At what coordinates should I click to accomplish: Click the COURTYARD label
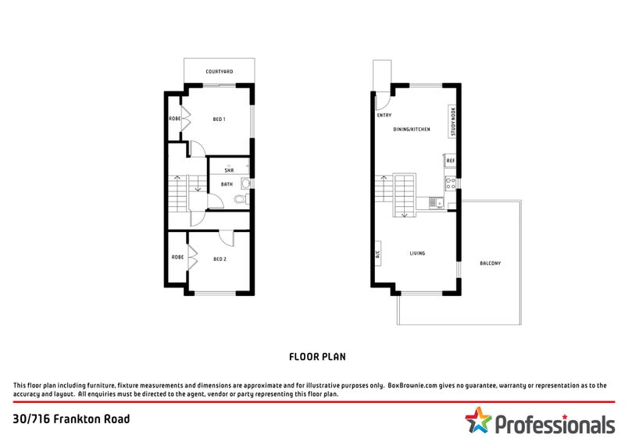coord(219,72)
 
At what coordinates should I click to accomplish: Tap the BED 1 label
coord(219,119)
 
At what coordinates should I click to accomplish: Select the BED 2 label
coord(220,258)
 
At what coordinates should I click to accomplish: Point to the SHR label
coord(229,170)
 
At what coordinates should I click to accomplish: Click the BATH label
coord(227,184)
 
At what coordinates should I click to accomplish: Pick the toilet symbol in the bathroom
coord(245,184)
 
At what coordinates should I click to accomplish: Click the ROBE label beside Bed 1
coord(175,119)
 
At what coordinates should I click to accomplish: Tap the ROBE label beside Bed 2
coord(177,257)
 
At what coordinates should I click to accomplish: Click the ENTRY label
coord(384,116)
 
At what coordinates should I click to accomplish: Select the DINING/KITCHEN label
coord(412,129)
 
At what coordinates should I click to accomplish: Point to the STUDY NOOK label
coord(452,121)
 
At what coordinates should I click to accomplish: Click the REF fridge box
coord(450,161)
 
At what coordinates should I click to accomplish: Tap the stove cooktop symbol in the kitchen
coord(450,184)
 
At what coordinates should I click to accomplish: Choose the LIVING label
coord(418,253)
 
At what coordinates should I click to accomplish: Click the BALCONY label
coord(491,263)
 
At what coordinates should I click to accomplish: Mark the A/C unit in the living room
coord(378,255)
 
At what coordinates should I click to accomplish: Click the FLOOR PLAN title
coord(317,356)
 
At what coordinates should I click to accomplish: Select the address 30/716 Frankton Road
coord(72,419)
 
